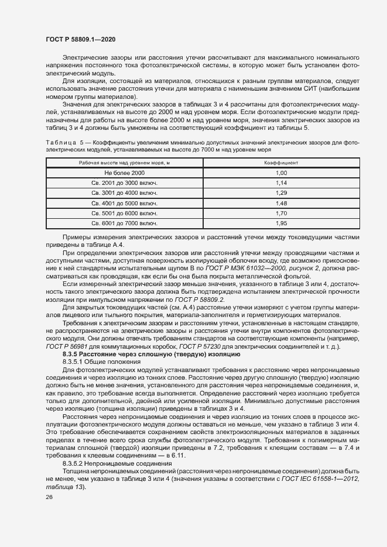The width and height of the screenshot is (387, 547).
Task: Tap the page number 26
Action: (x=49, y=497)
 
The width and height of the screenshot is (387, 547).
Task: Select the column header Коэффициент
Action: (x=281, y=162)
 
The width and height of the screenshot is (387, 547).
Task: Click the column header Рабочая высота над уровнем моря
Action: (x=125, y=162)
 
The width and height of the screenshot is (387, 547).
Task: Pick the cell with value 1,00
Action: (x=281, y=173)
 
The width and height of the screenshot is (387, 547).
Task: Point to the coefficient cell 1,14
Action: (x=281, y=183)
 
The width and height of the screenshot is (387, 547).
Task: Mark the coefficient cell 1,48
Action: (x=281, y=203)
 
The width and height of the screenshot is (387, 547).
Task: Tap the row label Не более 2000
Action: (x=125, y=173)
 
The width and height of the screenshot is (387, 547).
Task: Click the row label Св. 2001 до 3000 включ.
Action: (x=125, y=183)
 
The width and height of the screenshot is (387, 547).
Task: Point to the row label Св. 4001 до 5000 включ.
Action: (x=125, y=203)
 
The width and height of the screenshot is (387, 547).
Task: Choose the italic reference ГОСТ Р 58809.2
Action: (x=176, y=300)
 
